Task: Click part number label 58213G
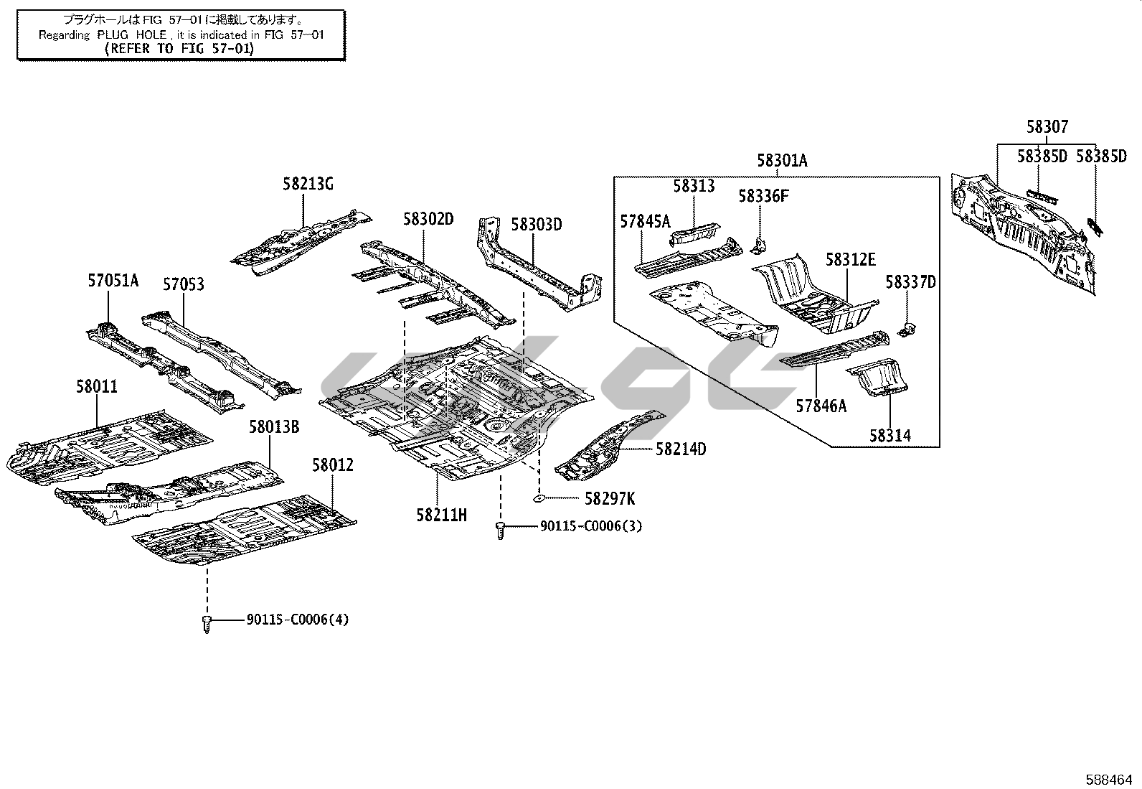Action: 308,185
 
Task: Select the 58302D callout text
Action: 428,219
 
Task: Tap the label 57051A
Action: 113,281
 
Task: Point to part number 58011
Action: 97,387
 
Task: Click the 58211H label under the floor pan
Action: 442,514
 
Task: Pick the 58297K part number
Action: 609,498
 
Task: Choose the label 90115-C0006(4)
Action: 297,619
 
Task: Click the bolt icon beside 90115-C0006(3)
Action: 501,531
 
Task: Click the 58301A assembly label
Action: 782,161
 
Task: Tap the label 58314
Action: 890,435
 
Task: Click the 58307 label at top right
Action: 1047,127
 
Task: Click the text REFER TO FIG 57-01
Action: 179,48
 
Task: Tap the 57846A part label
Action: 821,406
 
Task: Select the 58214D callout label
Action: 681,449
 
